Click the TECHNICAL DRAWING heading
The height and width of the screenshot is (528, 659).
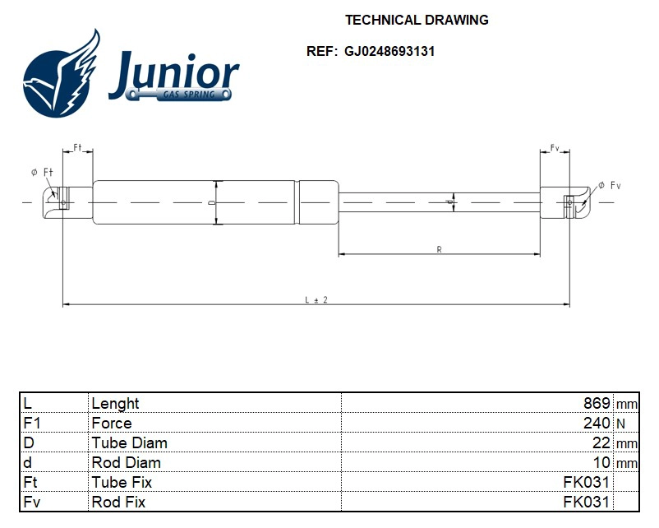[x=417, y=20]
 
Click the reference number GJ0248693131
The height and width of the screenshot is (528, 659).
[x=389, y=51]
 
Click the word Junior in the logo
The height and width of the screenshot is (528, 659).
[x=174, y=74]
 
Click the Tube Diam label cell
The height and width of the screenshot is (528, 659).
[x=129, y=443]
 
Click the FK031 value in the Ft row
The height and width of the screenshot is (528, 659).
[x=586, y=483]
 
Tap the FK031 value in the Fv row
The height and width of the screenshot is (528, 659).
[x=586, y=503]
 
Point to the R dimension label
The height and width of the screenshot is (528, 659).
[x=439, y=249]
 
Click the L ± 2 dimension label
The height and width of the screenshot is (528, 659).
[x=316, y=300]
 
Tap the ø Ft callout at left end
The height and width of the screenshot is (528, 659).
[x=42, y=172]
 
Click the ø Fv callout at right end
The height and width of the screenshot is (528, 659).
[x=609, y=186]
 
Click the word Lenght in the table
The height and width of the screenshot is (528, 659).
[x=115, y=404]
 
